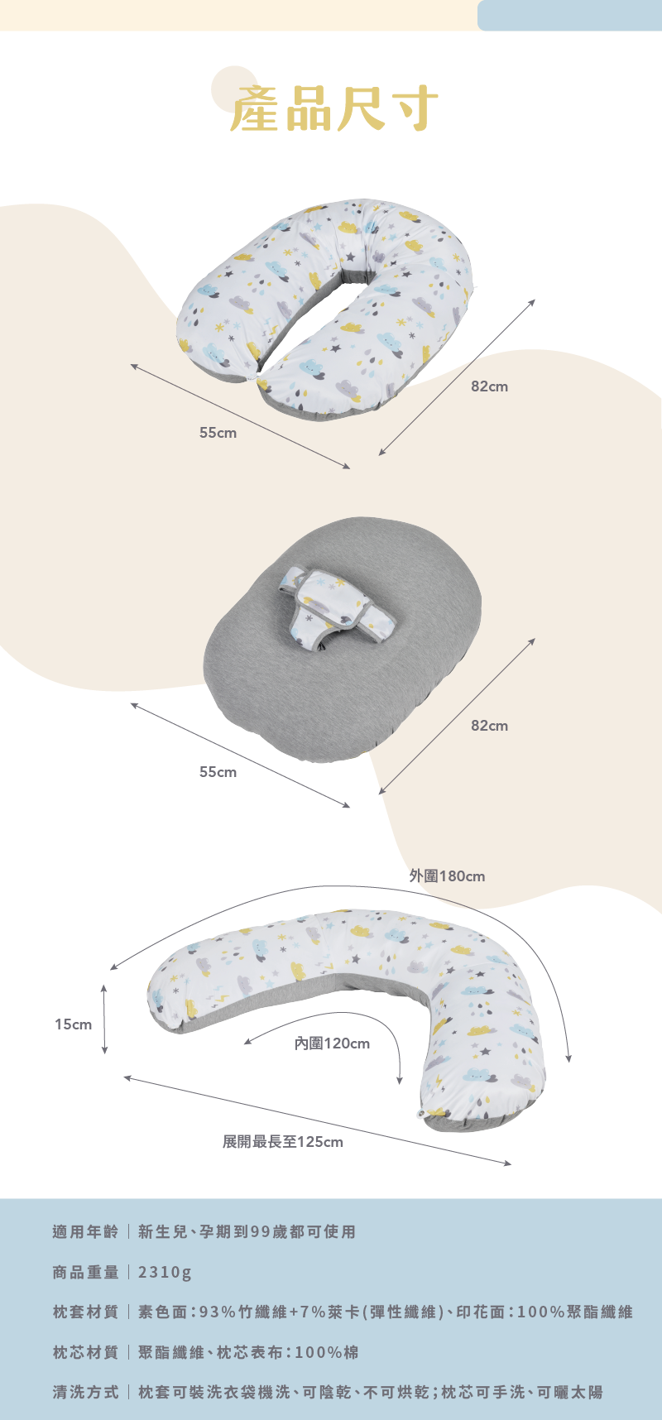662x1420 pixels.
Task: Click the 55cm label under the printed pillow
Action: [x=218, y=433]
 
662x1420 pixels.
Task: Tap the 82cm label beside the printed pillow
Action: [x=489, y=386]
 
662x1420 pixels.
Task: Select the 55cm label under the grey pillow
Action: [x=218, y=772]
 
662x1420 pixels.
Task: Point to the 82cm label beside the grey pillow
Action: [x=489, y=726]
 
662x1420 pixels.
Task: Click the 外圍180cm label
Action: [x=447, y=876]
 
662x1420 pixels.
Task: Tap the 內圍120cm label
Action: [x=333, y=1043]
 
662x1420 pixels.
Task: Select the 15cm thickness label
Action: [x=73, y=1024]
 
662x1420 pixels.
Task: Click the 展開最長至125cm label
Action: [x=282, y=1142]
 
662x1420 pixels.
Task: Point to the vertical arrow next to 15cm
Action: [x=104, y=1019]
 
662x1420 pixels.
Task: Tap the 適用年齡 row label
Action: [x=85, y=1232]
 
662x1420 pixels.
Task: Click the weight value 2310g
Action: [x=165, y=1273]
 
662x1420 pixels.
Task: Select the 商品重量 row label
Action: [x=85, y=1273]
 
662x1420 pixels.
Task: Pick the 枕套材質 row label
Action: [x=85, y=1312]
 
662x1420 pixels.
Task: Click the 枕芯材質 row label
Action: [x=85, y=1353]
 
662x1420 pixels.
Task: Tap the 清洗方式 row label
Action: [x=85, y=1393]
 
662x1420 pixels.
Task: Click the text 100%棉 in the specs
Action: [x=326, y=1353]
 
